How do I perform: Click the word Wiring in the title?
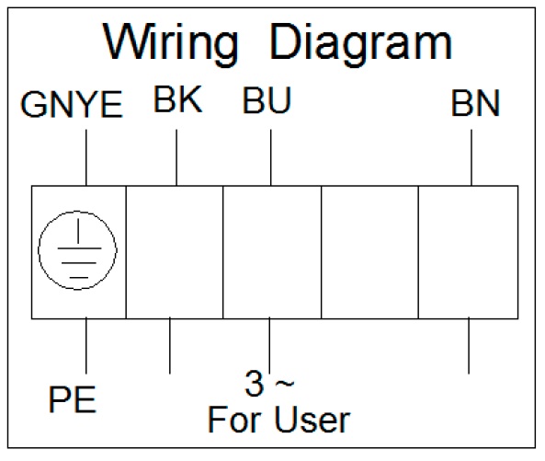click(x=170, y=44)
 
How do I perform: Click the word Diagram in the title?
click(x=361, y=44)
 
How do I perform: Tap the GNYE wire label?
click(x=72, y=104)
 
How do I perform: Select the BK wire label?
click(x=177, y=99)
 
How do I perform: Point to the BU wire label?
click(x=267, y=100)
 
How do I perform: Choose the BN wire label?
click(x=475, y=103)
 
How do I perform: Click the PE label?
click(x=73, y=399)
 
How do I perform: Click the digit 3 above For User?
click(x=255, y=384)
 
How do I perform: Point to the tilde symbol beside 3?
click(x=285, y=383)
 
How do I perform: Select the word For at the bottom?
click(x=234, y=420)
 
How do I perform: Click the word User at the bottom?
click(x=312, y=420)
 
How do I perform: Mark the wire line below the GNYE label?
click(x=86, y=157)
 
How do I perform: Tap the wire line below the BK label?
click(x=176, y=157)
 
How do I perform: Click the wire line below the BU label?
click(x=271, y=157)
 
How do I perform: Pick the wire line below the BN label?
click(x=471, y=157)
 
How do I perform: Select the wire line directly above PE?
click(x=86, y=345)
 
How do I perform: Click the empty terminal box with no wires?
click(x=369, y=252)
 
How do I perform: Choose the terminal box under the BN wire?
click(x=469, y=252)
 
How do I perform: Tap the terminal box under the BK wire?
click(x=175, y=252)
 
